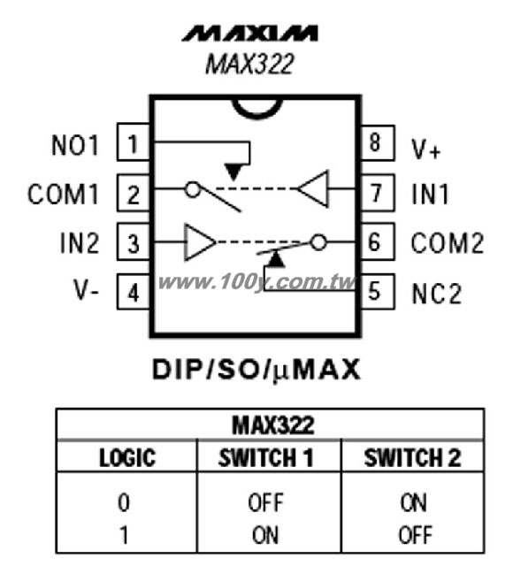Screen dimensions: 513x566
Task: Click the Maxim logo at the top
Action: pyautogui.click(x=249, y=34)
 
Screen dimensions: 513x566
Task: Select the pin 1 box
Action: pyautogui.click(x=134, y=142)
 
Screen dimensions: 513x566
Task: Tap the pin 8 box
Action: pyautogui.click(x=378, y=142)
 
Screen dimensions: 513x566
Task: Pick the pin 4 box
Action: pyautogui.click(x=134, y=292)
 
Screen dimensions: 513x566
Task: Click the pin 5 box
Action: pyautogui.click(x=378, y=292)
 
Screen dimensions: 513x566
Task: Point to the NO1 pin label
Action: pyautogui.click(x=75, y=145)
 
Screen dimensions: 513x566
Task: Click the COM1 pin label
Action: pyautogui.click(x=63, y=195)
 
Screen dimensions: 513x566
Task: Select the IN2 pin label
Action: pyautogui.click(x=80, y=242)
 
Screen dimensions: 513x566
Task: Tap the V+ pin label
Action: pyautogui.click(x=426, y=149)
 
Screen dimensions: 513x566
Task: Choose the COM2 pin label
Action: pyautogui.click(x=448, y=242)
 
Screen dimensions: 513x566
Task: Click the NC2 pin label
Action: pyautogui.click(x=437, y=293)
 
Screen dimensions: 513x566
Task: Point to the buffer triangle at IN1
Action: pyautogui.click(x=313, y=188)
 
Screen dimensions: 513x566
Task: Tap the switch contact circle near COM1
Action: pyautogui.click(x=193, y=189)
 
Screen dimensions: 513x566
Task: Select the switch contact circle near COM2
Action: pyautogui.click(x=318, y=241)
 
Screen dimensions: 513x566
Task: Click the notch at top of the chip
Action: pyautogui.click(x=256, y=112)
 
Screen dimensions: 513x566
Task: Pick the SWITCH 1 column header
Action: pyautogui.click(x=266, y=458)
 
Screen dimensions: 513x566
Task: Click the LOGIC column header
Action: pyautogui.click(x=127, y=458)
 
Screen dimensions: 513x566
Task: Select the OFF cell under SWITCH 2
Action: pyautogui.click(x=415, y=535)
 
